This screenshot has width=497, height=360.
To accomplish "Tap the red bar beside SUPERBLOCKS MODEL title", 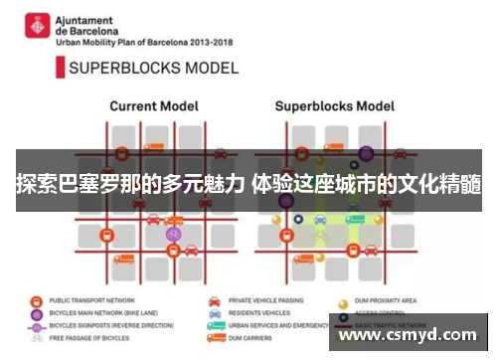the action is click(58, 69).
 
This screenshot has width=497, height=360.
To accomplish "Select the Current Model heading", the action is click(153, 105).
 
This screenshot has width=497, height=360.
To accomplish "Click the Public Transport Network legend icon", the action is click(37, 300).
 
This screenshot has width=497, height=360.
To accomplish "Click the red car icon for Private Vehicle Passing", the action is click(215, 300).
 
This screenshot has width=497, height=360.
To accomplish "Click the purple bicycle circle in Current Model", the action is click(174, 234).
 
